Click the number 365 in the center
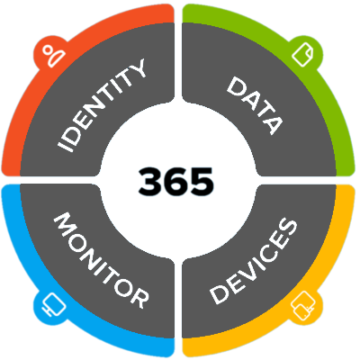click(176, 181)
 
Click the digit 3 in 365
click(150, 181)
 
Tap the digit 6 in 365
click(176, 181)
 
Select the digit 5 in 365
click(202, 181)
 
